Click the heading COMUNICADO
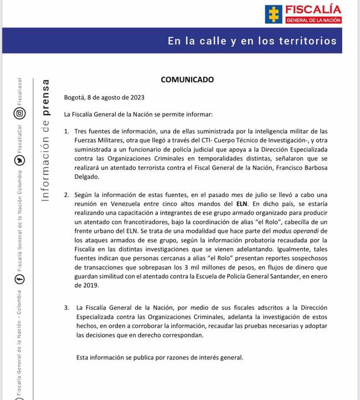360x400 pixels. point(187,79)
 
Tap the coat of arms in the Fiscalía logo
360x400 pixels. point(274,14)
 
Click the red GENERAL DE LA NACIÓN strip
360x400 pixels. point(313,20)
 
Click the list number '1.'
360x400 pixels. point(66,131)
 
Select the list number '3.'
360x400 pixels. point(66,307)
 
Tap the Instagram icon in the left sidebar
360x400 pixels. point(20,113)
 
